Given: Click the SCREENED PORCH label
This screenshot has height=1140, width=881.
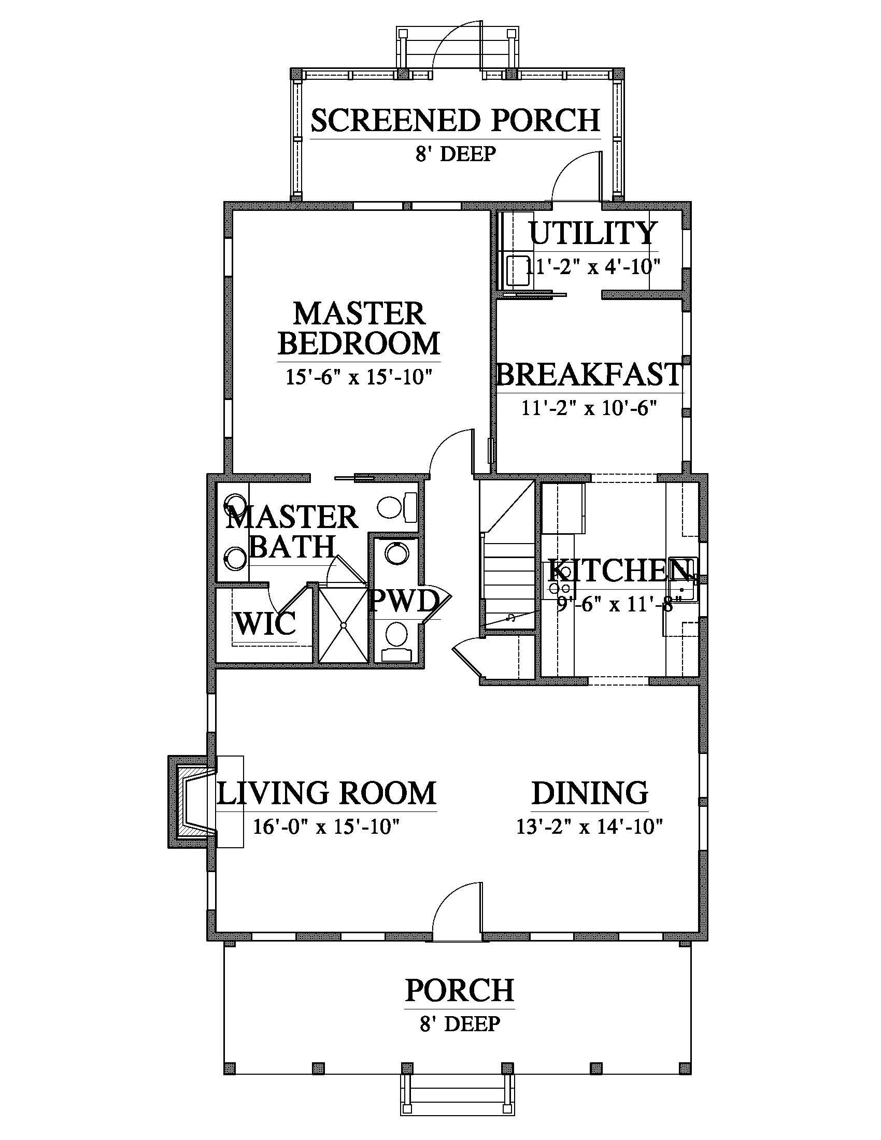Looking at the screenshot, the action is tap(455, 120).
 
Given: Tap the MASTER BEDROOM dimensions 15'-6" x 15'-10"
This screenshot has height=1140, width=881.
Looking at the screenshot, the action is tap(359, 376).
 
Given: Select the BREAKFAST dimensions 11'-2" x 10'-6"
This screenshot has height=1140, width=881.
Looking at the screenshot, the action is tap(589, 408).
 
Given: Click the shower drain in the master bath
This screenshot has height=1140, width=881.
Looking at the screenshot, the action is tap(344, 625).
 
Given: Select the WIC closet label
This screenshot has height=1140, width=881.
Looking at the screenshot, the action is tap(265, 623).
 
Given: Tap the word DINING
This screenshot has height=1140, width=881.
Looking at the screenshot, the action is tap(590, 793).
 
